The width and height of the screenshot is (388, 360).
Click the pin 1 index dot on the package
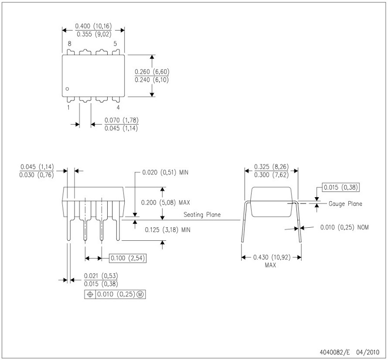click(x=68, y=89)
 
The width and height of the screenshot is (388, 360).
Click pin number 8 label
click(x=69, y=44)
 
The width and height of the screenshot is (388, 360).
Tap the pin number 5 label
click(x=115, y=44)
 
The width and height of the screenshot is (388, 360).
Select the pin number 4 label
click(x=118, y=108)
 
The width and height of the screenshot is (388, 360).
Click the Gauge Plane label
click(x=346, y=204)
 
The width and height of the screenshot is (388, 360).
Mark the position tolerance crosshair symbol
click(x=90, y=294)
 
